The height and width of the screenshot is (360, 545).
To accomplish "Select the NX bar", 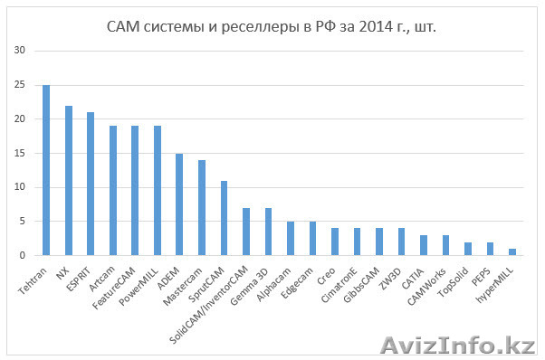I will coord(68,181).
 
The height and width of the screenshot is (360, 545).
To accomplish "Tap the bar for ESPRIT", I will coord(91,184).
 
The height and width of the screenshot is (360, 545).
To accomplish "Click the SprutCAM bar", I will coord(224,218).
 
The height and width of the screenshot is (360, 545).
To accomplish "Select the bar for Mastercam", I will coord(201,208).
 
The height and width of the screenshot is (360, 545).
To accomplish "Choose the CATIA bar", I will coord(402,245).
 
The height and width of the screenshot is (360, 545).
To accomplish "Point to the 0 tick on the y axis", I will coord(22,255).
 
